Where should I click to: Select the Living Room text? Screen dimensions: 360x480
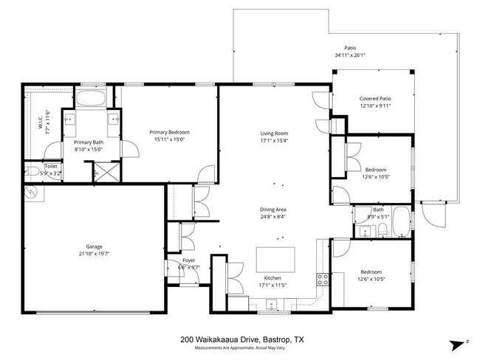[272, 132]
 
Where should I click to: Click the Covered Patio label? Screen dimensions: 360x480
[375, 98]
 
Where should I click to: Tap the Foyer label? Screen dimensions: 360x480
[189, 260]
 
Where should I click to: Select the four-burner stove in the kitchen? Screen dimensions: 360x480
[323, 279]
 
